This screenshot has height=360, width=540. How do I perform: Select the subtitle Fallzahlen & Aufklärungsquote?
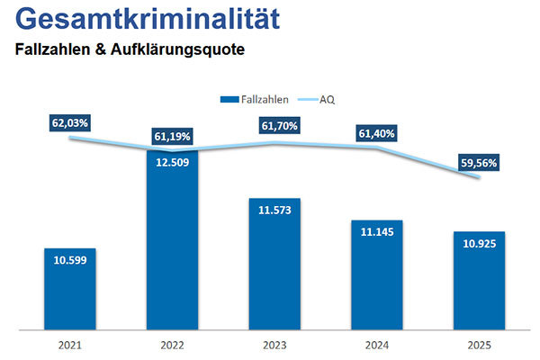130,50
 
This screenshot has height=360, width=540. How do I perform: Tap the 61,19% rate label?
172,137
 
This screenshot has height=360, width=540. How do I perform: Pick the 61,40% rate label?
377,133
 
